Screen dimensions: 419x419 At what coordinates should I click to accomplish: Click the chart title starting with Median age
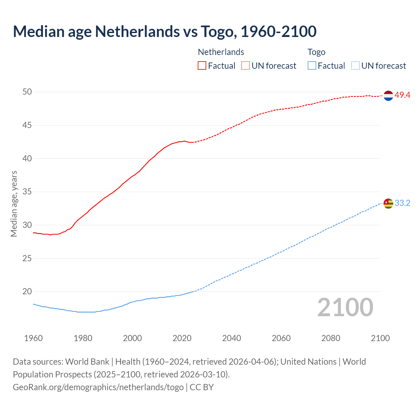(x=165, y=31)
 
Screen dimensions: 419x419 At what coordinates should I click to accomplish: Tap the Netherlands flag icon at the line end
(x=388, y=96)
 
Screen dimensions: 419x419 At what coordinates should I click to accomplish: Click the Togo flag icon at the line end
(x=388, y=203)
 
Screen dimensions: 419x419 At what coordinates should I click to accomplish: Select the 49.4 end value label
(x=402, y=95)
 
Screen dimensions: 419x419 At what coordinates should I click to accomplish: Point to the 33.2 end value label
(x=402, y=203)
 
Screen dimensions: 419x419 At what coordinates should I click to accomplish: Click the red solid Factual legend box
(x=202, y=66)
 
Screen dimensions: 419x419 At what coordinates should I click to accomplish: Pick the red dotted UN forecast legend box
(x=246, y=66)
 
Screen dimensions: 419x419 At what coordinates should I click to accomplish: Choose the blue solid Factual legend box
(x=312, y=66)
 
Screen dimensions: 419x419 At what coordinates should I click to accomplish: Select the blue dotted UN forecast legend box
(x=355, y=66)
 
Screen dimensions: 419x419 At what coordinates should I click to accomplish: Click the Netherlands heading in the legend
(x=221, y=52)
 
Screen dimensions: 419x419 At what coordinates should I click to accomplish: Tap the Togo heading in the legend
(x=316, y=52)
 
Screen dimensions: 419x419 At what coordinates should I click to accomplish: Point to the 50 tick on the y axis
(x=27, y=92)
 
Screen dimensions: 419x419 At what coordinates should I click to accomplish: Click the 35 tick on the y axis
(x=27, y=192)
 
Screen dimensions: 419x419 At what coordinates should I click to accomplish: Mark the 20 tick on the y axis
(x=27, y=291)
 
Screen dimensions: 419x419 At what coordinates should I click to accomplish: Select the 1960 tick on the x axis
(x=33, y=338)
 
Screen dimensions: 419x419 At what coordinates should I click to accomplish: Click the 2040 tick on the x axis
(x=231, y=338)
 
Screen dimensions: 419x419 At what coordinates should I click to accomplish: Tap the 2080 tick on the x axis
(x=331, y=338)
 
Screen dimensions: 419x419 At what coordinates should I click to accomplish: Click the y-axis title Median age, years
(x=14, y=204)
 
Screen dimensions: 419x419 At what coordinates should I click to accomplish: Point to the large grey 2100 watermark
(x=345, y=307)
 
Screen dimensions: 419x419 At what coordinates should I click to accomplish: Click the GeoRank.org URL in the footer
(x=98, y=387)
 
